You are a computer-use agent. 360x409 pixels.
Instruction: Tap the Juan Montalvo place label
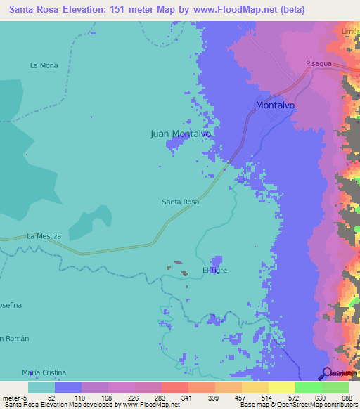(x=181, y=133)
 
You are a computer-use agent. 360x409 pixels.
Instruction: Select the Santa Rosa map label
(x=181, y=202)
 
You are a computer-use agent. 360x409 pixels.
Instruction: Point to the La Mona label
(x=44, y=65)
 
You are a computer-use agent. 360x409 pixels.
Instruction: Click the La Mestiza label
(x=44, y=236)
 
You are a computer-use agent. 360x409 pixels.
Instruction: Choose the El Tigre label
(x=214, y=270)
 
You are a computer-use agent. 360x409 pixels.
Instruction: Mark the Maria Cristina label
(x=44, y=372)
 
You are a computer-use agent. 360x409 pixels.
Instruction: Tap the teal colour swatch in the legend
(x=41, y=387)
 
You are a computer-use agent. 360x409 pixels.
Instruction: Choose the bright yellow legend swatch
(x=282, y=387)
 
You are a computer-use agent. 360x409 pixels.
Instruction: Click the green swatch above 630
(x=309, y=387)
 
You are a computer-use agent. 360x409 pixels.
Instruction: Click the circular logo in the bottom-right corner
(x=327, y=373)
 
